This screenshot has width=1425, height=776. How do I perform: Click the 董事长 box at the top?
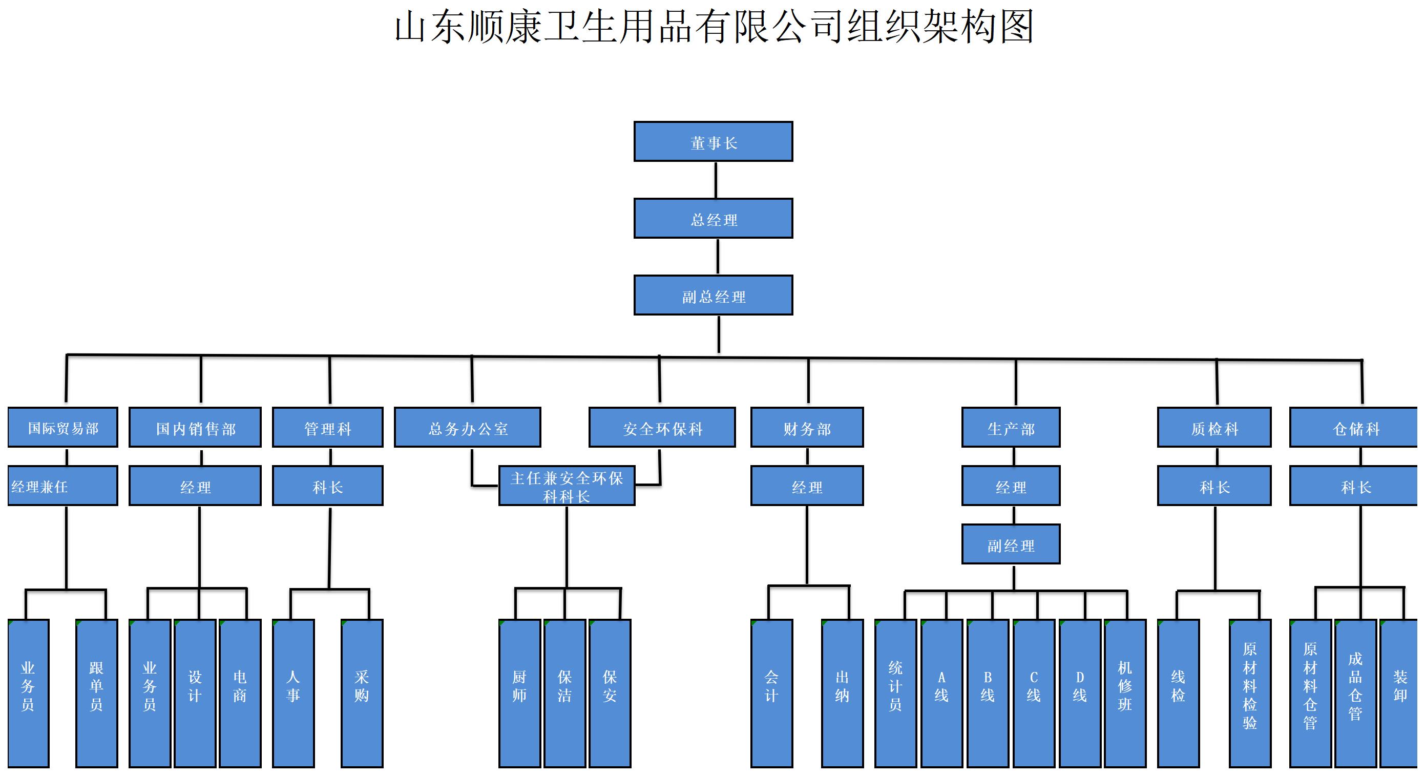[713, 142]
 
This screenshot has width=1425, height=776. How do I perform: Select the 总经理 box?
[713, 219]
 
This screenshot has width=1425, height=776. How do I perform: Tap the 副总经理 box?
[713, 296]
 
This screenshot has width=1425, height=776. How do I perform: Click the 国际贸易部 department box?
[62, 428]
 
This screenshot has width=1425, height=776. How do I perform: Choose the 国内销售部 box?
[195, 428]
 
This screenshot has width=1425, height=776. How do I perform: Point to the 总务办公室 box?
[468, 428]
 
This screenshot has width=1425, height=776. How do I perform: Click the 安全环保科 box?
[662, 428]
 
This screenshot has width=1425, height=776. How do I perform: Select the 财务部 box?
[807, 428]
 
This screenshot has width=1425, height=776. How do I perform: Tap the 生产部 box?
[1011, 428]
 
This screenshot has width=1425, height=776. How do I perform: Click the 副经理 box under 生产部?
[1011, 545]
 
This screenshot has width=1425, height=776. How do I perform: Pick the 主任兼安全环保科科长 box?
[567, 486]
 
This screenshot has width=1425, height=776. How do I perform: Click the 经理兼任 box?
[62, 486]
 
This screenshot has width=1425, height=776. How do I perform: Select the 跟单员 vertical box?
[96, 693]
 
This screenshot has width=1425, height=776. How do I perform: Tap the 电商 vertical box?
[240, 693]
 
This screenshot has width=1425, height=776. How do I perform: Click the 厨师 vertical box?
[519, 693]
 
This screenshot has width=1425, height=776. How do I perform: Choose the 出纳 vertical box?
[842, 693]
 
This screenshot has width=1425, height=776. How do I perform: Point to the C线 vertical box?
[1033, 693]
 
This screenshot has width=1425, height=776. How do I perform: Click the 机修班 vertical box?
[1125, 693]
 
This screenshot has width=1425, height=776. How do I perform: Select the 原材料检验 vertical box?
[1250, 693]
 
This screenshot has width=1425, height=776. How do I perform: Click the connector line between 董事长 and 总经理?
[716, 180]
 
